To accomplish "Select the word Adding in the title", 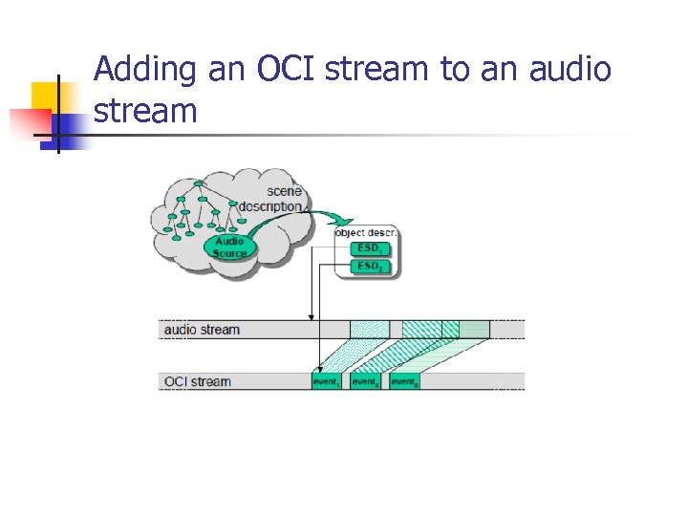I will (x=146, y=70).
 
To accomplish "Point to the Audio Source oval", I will (x=229, y=247).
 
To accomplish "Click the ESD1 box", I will (x=369, y=248).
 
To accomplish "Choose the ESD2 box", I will (x=369, y=266).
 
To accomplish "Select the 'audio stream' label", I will (x=203, y=330).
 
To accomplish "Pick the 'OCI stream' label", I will (x=198, y=381).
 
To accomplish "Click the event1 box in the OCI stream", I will (x=327, y=381).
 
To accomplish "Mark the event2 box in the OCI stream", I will (x=365, y=381).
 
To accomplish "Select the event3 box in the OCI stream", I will (x=404, y=381).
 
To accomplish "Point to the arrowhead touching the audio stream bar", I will (x=310, y=316).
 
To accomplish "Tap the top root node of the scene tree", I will (x=198, y=183).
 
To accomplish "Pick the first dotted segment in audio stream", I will (x=370, y=330).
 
